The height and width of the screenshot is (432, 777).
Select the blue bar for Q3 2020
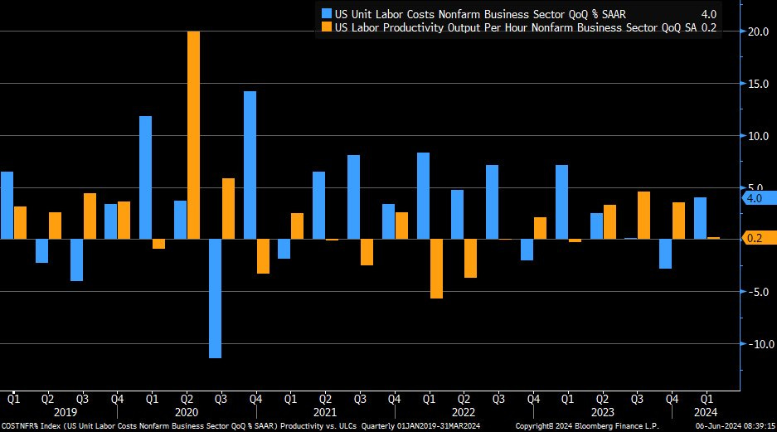tap(215, 299)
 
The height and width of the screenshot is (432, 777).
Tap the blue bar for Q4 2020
tap(250, 165)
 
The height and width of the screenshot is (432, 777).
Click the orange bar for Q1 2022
tap(436, 269)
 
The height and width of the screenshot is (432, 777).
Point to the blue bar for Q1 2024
tap(700, 218)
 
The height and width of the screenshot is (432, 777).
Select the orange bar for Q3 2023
tap(644, 215)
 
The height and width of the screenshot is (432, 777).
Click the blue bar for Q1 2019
tap(7, 205)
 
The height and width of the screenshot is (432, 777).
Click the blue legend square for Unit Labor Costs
tap(326, 13)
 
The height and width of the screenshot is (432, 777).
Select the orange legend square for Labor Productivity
tap(326, 28)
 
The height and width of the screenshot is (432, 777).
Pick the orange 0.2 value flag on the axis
tap(756, 238)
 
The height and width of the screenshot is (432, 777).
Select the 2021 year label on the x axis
tap(324, 412)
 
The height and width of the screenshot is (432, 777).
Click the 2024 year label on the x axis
tap(705, 412)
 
